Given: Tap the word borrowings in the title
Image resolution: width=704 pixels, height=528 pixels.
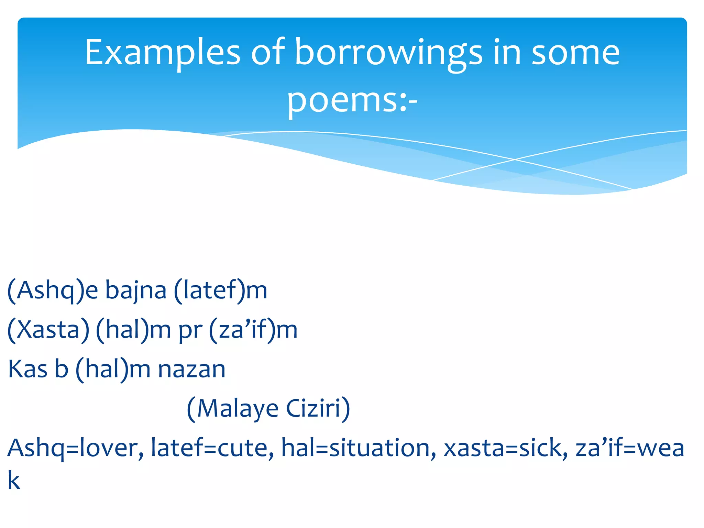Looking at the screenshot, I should pyautogui.click(x=388, y=53).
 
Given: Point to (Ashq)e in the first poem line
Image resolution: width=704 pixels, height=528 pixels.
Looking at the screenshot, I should pyautogui.click(x=53, y=291).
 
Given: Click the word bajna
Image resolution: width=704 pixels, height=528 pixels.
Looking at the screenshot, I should pyautogui.click(x=136, y=291).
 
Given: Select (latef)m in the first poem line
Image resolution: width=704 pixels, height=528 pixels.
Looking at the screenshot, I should pyautogui.click(x=220, y=291).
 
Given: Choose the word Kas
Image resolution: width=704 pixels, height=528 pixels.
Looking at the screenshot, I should pyautogui.click(x=27, y=369).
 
